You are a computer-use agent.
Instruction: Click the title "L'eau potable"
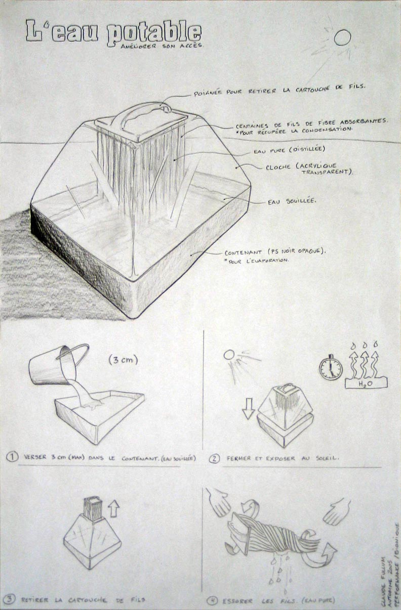113,32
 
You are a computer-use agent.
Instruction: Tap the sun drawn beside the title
343,37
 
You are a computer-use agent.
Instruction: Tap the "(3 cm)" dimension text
123,360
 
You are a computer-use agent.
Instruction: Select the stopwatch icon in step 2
331,368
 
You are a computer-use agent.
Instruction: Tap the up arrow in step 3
113,508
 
